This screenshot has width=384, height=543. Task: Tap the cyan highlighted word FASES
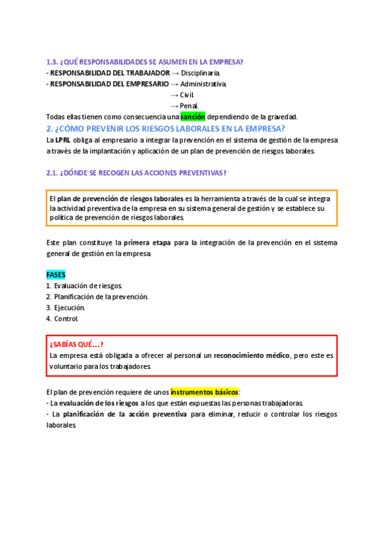(56, 275)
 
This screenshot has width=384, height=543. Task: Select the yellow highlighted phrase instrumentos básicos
(204, 391)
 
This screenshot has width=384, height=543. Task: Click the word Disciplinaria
(200, 73)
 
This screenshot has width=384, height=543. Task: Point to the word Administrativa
(203, 84)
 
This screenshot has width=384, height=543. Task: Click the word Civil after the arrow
(187, 95)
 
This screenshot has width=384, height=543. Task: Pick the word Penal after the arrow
(189, 106)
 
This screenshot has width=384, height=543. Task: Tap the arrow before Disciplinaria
(175, 73)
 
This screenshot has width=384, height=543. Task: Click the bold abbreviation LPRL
(63, 140)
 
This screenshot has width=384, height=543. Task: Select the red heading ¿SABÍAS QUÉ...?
(77, 344)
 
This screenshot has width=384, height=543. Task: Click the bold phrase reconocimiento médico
(252, 355)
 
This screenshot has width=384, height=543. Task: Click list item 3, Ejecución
(69, 307)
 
